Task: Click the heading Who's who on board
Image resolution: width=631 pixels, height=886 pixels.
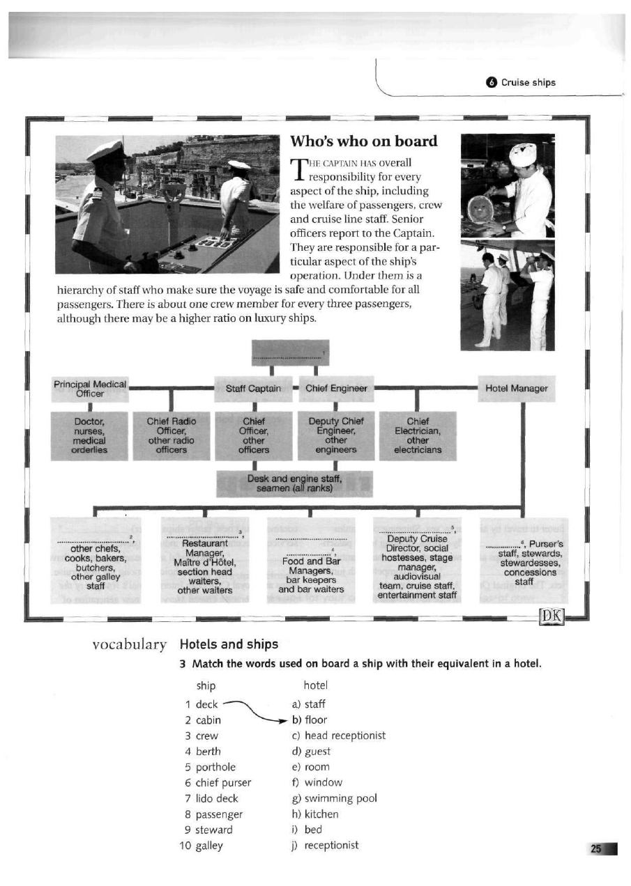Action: [363, 141]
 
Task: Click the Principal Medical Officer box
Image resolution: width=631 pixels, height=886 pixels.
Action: [91, 389]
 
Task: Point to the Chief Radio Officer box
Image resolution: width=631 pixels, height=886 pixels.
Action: [172, 435]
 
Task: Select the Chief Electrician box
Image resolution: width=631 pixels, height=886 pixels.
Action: [417, 435]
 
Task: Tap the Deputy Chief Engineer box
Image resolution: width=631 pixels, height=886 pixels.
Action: [336, 435]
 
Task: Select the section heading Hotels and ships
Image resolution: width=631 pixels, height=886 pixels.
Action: [229, 644]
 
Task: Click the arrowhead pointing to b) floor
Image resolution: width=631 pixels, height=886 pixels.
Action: [285, 720]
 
